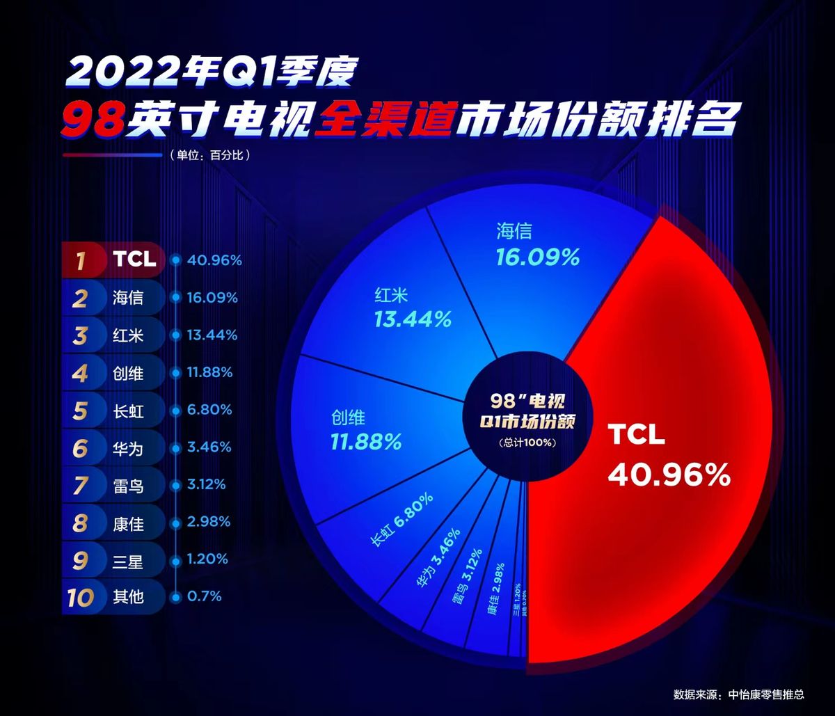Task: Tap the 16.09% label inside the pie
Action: click(x=537, y=258)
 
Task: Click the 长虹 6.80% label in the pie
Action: click(x=403, y=520)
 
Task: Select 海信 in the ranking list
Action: click(x=128, y=299)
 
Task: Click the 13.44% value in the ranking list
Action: click(x=212, y=335)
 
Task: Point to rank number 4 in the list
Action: click(x=81, y=374)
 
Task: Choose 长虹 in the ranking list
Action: click(x=128, y=411)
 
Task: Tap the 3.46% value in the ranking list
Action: click(x=209, y=447)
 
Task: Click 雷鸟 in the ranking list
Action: click(x=128, y=486)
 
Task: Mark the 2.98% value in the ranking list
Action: click(x=209, y=522)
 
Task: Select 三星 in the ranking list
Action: click(x=128, y=560)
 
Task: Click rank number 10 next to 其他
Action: click(x=81, y=597)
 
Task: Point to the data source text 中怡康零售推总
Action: click(x=765, y=694)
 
